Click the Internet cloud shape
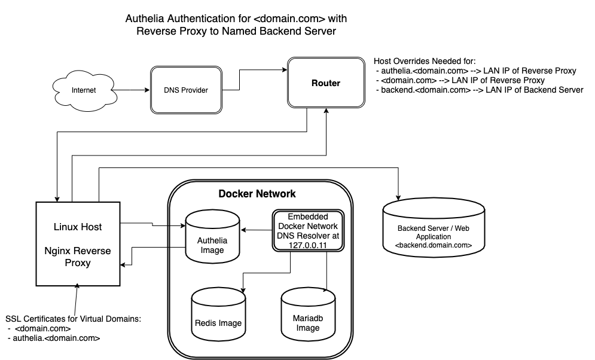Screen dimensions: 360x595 point(83,90)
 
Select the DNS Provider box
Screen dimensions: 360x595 point(185,90)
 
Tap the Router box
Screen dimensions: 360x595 point(326,83)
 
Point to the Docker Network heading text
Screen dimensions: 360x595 point(257,194)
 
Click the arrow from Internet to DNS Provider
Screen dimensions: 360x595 point(132,91)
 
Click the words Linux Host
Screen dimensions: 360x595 point(77,227)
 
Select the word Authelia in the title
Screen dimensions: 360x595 point(145,19)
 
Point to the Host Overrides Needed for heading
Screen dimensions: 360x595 point(425,62)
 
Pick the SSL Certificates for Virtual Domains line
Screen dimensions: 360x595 point(73,319)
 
